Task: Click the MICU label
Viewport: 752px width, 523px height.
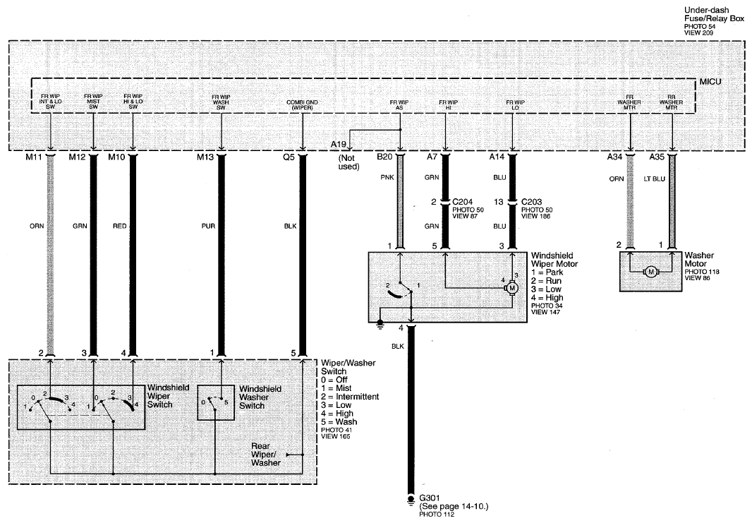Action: point(710,82)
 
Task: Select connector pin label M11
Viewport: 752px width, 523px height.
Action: point(34,157)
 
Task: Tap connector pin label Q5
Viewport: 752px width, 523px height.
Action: point(289,157)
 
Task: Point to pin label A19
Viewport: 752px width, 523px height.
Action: point(338,145)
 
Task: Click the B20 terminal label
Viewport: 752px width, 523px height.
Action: point(384,157)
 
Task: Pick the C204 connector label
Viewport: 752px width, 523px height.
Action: point(463,202)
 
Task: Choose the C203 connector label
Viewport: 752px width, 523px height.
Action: point(532,202)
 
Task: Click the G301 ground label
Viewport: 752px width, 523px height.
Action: point(429,498)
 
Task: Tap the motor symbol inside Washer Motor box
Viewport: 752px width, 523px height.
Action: point(651,272)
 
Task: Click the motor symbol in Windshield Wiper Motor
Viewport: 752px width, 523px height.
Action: point(511,288)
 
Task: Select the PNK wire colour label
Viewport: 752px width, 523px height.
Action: point(387,178)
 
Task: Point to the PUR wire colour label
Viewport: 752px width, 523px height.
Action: point(209,226)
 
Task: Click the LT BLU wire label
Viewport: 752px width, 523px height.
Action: point(655,179)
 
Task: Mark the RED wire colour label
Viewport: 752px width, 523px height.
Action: point(120,226)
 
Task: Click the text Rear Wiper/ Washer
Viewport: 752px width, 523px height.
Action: point(266,455)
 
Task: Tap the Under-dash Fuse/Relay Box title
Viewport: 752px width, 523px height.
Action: point(714,14)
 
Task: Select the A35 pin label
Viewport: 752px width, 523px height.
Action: point(657,157)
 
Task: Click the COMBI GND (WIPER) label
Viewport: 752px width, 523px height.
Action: point(302,105)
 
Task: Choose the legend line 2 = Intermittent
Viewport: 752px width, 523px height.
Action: point(350,397)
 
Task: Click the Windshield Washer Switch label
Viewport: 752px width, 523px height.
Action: point(260,397)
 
